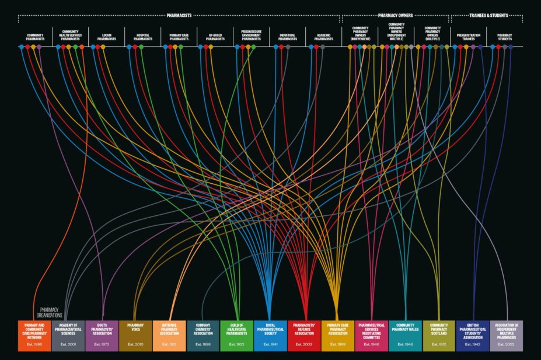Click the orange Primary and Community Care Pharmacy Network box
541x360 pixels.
coord(34,335)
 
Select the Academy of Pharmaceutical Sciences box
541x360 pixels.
coord(68,335)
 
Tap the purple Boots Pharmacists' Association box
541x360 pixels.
coord(102,335)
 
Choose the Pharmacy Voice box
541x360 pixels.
coord(135,335)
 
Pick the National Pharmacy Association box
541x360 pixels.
coord(169,335)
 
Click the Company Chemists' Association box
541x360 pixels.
coord(203,335)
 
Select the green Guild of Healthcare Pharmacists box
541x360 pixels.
coord(237,335)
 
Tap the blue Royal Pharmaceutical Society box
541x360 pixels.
coord(270,335)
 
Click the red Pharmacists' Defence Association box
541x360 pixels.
coord(304,335)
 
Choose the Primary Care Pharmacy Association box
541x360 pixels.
coord(338,335)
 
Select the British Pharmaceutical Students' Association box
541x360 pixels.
coord(473,335)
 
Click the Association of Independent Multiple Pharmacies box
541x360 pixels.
coord(507,335)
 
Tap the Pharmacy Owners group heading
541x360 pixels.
coord(395,15)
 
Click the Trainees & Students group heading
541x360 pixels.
coord(488,15)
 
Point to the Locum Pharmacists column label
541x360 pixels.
coord(106,37)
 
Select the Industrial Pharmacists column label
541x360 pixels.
coord(288,37)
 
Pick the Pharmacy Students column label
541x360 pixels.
coord(505,37)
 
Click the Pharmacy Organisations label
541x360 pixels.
coord(51,313)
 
